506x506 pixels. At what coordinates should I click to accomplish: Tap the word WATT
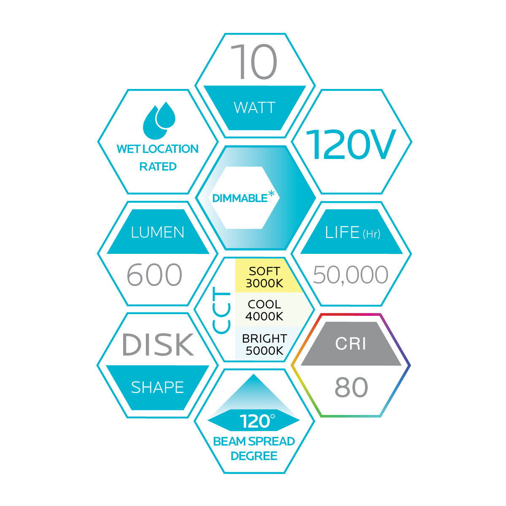tap(254, 108)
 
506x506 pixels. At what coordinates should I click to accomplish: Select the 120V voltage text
tap(350, 145)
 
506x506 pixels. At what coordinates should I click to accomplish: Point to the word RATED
tap(158, 167)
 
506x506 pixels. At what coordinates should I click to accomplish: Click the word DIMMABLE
tap(240, 198)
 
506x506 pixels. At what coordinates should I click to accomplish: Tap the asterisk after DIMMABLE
tap(271, 194)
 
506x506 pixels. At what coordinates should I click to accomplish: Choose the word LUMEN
tap(158, 232)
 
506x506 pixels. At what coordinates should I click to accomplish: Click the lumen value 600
tap(154, 275)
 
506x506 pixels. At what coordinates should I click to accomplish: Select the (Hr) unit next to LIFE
tap(371, 234)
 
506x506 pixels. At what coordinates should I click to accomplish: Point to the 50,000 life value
tap(351, 275)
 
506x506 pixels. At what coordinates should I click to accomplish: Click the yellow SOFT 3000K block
tap(265, 277)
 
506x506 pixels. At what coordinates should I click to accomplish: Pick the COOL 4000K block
tap(264, 310)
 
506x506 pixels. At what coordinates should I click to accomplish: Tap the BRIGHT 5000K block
tap(264, 345)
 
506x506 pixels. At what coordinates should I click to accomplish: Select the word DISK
tap(158, 345)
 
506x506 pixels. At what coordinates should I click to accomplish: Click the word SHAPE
tap(157, 388)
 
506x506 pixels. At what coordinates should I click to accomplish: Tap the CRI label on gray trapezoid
tap(351, 344)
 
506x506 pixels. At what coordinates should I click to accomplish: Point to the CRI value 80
tap(351, 388)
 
